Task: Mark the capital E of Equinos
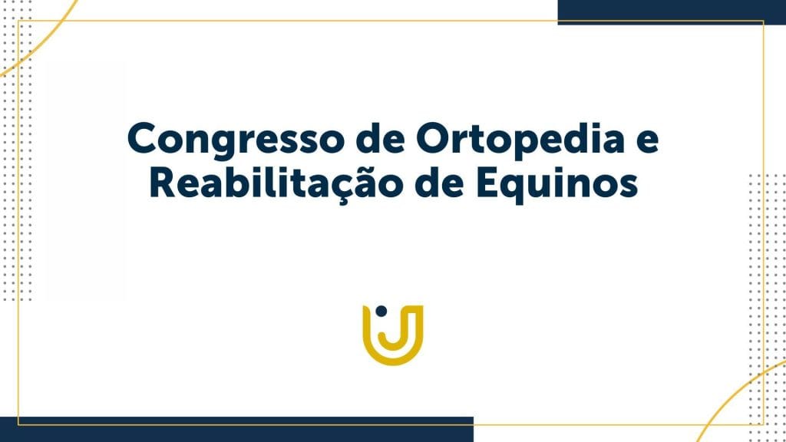click(x=487, y=183)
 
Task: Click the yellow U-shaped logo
click(x=393, y=335)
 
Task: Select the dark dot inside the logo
click(x=381, y=312)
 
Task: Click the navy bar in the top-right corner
click(x=672, y=12)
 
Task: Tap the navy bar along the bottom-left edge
click(x=236, y=430)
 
